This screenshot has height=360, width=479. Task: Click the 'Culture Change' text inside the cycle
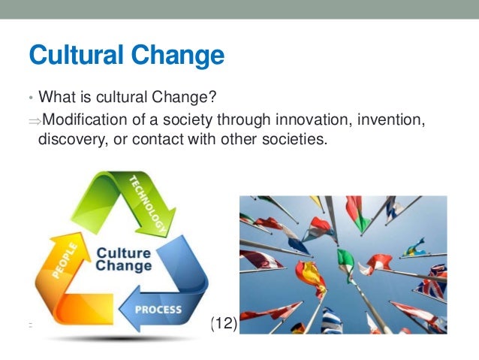click(x=125, y=259)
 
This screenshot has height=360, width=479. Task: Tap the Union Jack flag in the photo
click(x=434, y=283)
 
